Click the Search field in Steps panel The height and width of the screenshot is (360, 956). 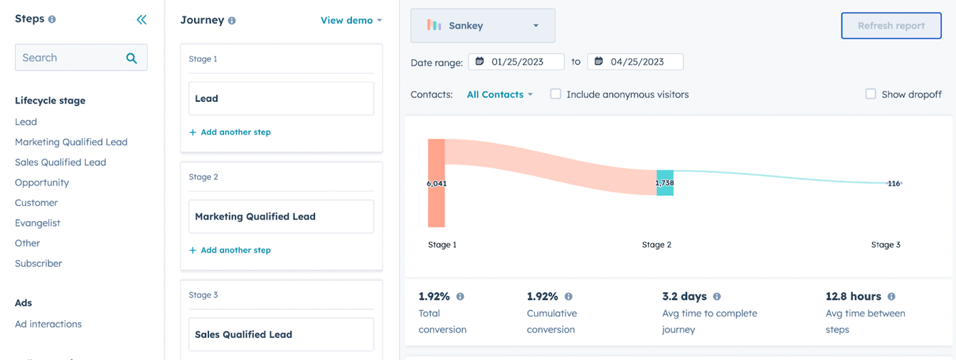point(71,58)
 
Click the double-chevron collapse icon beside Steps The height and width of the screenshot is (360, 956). point(142,20)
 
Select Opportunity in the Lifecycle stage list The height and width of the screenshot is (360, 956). point(42,182)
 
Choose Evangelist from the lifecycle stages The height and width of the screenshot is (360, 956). point(38,223)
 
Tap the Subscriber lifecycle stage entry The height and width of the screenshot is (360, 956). point(38,263)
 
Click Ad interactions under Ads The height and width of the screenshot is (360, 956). point(48,324)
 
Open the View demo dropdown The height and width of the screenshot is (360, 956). point(351,21)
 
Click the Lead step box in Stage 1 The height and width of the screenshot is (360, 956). point(281,98)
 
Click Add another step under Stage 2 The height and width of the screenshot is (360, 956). point(230,250)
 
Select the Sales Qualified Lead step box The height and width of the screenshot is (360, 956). point(281,334)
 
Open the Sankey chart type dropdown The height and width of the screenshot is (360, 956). point(482,26)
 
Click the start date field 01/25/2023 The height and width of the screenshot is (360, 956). point(516,62)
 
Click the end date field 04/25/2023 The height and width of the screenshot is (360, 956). point(635,62)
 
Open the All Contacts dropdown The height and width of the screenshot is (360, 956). point(499,95)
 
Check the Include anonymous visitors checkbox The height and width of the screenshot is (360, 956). point(556,94)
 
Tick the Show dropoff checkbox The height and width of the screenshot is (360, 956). point(870,94)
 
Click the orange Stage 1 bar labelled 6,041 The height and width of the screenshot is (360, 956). point(436,206)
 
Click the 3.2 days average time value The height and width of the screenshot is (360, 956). point(684,297)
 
